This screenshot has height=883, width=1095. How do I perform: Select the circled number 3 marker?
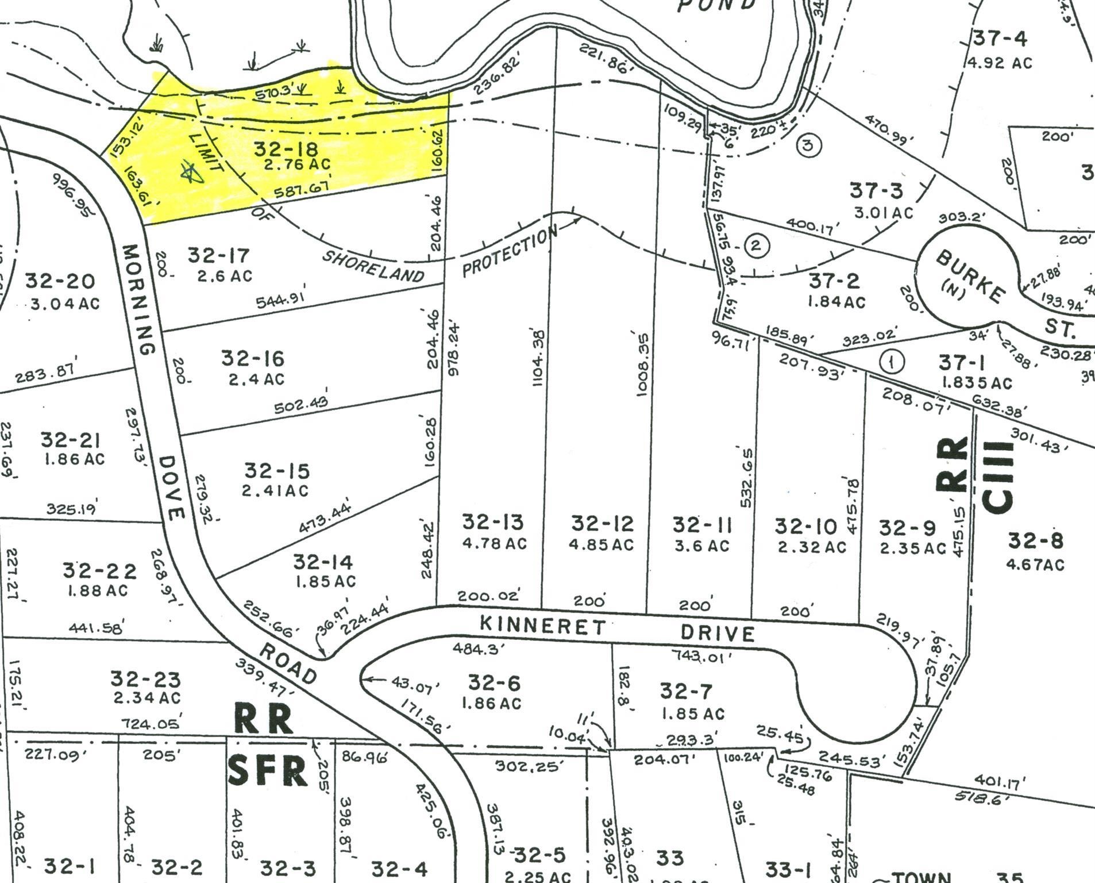(808, 145)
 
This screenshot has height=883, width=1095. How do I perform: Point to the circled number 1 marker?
(891, 362)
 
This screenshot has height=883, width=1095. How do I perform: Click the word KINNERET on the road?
(542, 624)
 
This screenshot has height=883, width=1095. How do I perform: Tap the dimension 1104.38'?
(538, 358)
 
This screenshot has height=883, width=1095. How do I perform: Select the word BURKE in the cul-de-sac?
(971, 278)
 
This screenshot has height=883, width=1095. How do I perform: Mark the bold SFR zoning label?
(268, 771)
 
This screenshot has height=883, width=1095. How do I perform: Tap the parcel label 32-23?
(145, 679)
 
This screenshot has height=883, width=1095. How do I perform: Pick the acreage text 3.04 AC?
(63, 302)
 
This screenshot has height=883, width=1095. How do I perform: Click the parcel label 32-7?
(688, 690)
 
